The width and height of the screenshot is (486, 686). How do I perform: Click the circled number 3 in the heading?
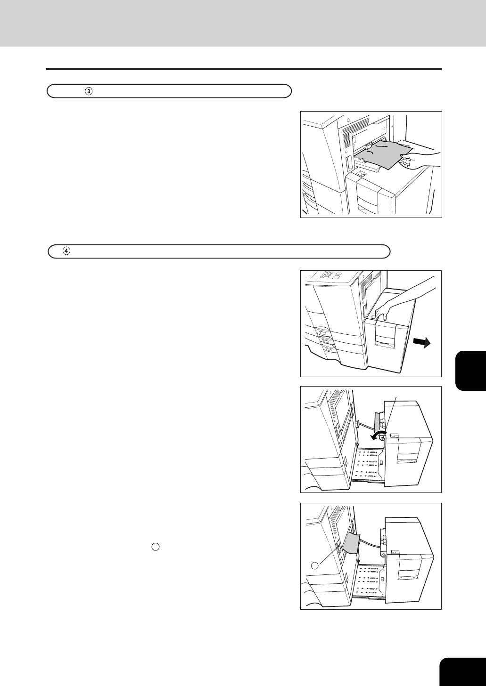(89, 91)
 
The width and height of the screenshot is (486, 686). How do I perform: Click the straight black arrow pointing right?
(422, 343)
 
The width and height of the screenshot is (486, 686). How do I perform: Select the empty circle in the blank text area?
(156, 547)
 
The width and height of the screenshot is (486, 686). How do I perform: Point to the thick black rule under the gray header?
(244, 69)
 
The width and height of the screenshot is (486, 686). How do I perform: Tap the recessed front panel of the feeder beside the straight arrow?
(385, 339)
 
